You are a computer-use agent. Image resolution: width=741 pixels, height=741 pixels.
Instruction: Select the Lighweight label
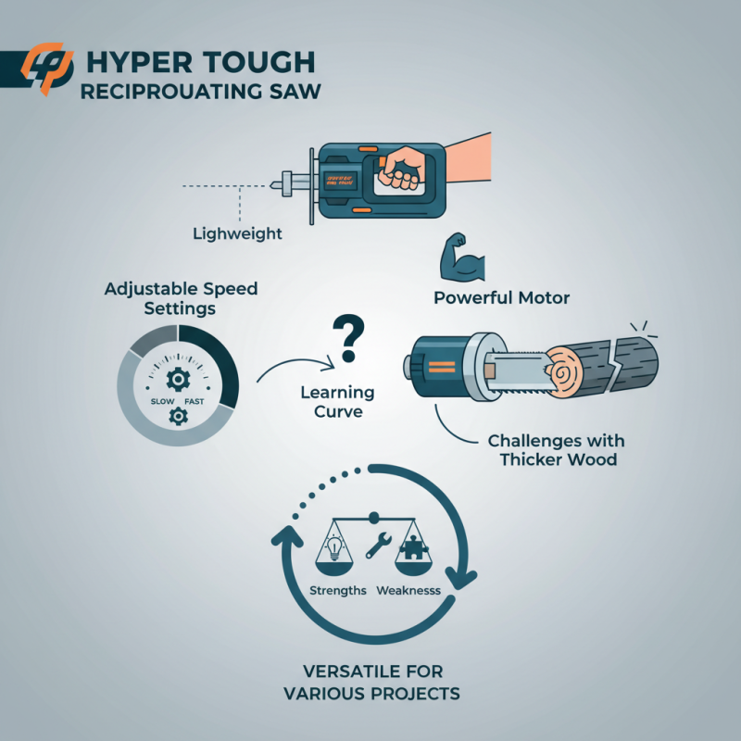point(237,233)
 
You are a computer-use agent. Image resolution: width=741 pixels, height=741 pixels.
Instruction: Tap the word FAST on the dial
point(195,400)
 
